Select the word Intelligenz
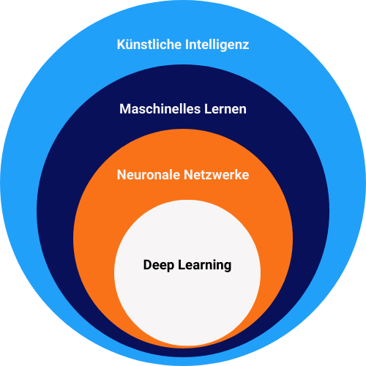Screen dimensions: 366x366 (217, 45)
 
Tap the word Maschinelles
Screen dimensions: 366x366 (160, 109)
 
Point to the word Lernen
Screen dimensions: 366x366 (225, 109)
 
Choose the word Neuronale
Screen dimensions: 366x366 (149, 175)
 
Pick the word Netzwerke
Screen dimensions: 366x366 (217, 175)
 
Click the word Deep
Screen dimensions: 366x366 (159, 266)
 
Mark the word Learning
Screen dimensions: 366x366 (204, 266)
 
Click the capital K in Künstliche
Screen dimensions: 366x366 (122, 45)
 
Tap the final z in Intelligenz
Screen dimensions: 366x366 (245, 46)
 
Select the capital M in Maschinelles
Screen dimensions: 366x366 (125, 109)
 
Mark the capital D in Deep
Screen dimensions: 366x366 (148, 265)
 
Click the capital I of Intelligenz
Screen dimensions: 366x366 (187, 45)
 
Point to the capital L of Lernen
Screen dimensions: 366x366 (208, 109)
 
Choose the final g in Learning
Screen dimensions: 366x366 (228, 267)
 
